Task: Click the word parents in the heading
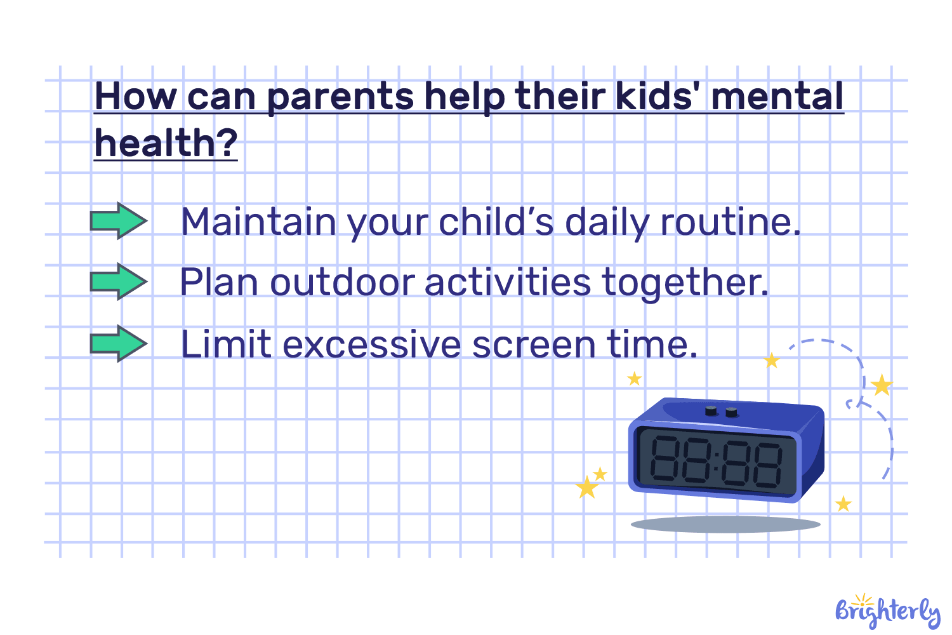coord(341,97)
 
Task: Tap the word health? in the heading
coord(166,144)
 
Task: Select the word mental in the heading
coord(777,97)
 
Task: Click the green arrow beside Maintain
coord(119,221)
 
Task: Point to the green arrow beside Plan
coord(119,281)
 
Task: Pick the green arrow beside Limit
coord(119,344)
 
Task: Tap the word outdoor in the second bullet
coord(342,283)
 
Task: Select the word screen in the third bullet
coord(534,345)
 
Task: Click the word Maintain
coord(258,222)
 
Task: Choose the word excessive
coord(372,345)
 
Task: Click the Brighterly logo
coord(887,612)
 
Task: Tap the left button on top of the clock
coord(711,411)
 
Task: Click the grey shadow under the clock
coord(725,524)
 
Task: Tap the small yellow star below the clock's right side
coord(843,504)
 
